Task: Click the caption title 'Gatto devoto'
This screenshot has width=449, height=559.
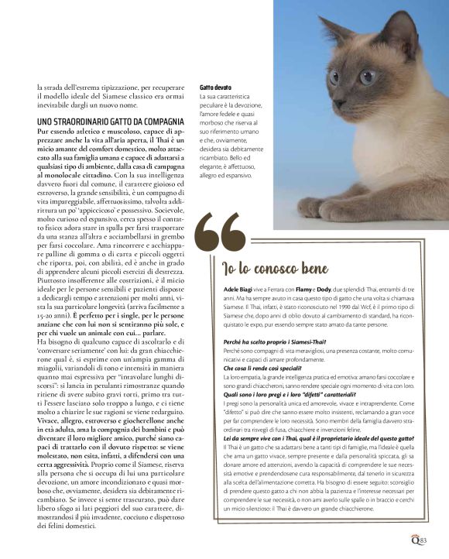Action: tap(216, 87)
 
